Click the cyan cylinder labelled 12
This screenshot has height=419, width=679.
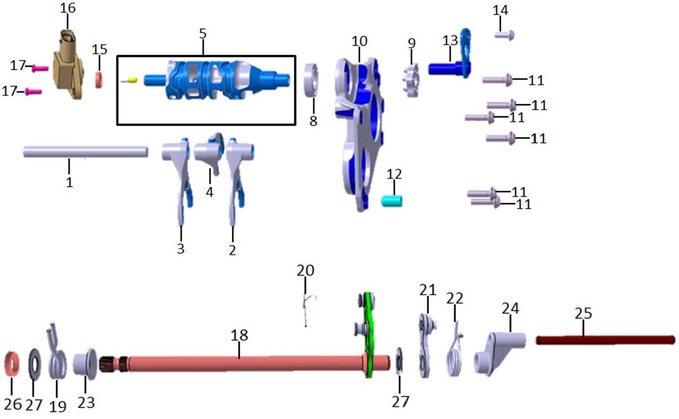point(391,202)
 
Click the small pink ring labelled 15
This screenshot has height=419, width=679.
point(99,80)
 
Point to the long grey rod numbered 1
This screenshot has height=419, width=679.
point(85,151)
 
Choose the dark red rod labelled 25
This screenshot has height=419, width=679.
point(606,340)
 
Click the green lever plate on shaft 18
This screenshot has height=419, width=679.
point(369,335)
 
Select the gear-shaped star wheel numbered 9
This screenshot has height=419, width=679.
point(411,80)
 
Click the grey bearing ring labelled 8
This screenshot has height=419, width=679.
point(311,80)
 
